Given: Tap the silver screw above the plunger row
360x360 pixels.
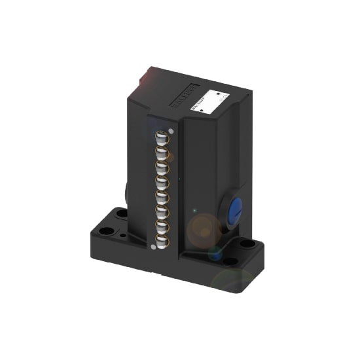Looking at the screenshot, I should click(171, 130).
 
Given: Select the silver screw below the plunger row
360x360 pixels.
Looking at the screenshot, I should click(153, 246).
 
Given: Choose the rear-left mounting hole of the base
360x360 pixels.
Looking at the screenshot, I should click(122, 213).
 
